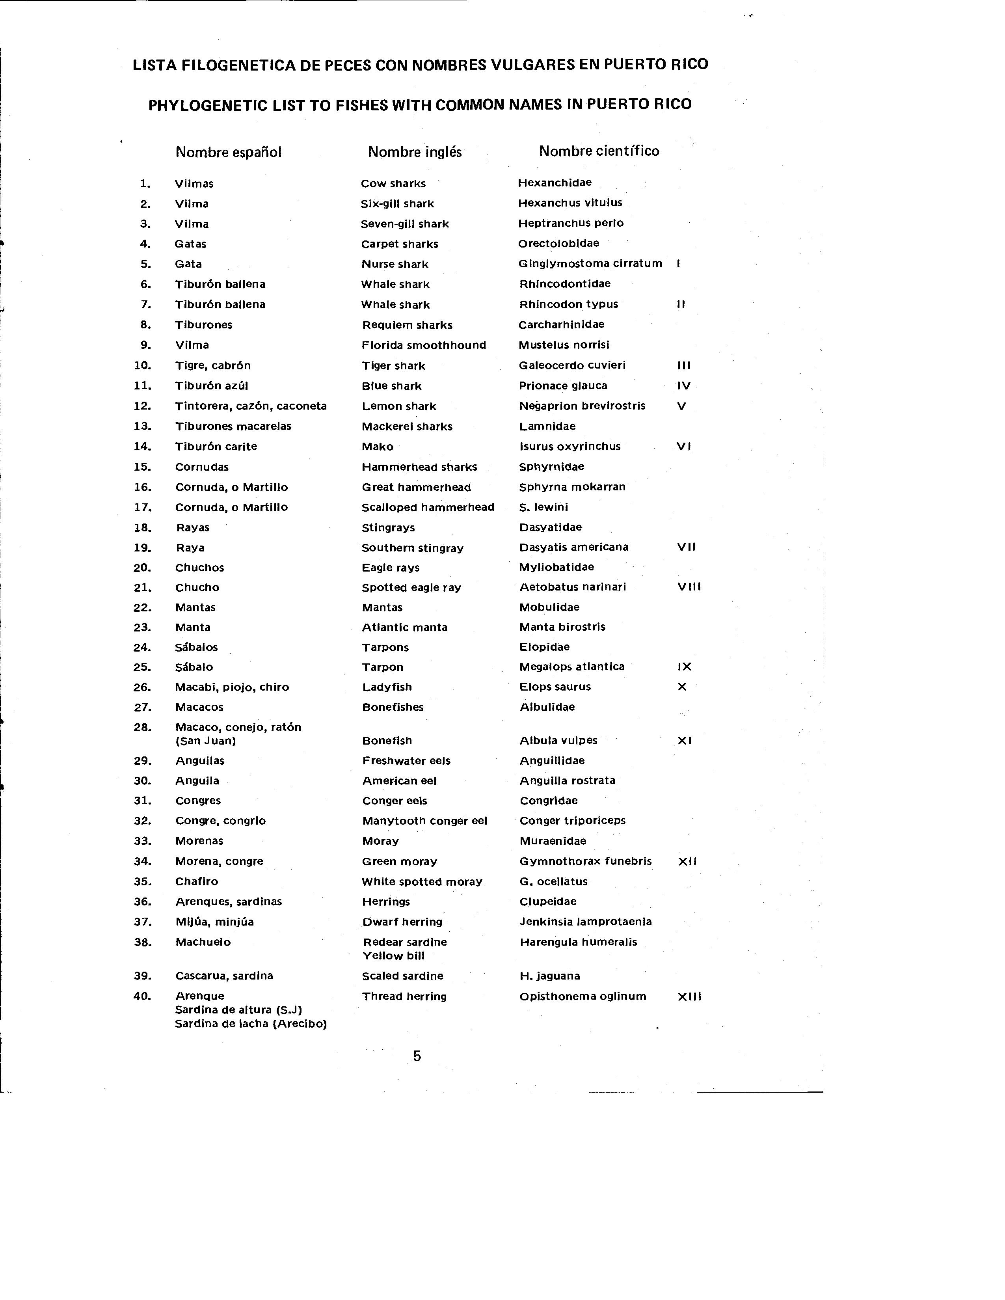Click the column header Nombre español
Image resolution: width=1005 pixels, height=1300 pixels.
click(x=228, y=153)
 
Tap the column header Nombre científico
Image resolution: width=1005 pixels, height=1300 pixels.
click(x=599, y=151)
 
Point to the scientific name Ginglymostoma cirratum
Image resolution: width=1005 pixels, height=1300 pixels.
click(x=590, y=264)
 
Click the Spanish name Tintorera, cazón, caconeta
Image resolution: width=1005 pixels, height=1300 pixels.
click(x=251, y=406)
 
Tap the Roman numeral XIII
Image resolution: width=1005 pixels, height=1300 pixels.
click(x=690, y=996)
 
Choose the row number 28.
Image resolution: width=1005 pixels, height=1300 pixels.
click(x=143, y=727)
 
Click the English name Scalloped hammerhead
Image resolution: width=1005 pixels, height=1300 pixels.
click(x=428, y=507)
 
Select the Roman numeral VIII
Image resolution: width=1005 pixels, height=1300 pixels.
click(x=689, y=587)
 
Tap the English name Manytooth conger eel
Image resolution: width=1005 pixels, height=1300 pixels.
click(x=424, y=821)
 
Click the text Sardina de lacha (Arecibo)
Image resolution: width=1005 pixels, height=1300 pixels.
click(x=251, y=1024)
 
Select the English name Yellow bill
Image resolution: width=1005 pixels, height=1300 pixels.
click(x=393, y=956)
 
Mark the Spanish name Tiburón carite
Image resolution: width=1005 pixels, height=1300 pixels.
click(x=216, y=447)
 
